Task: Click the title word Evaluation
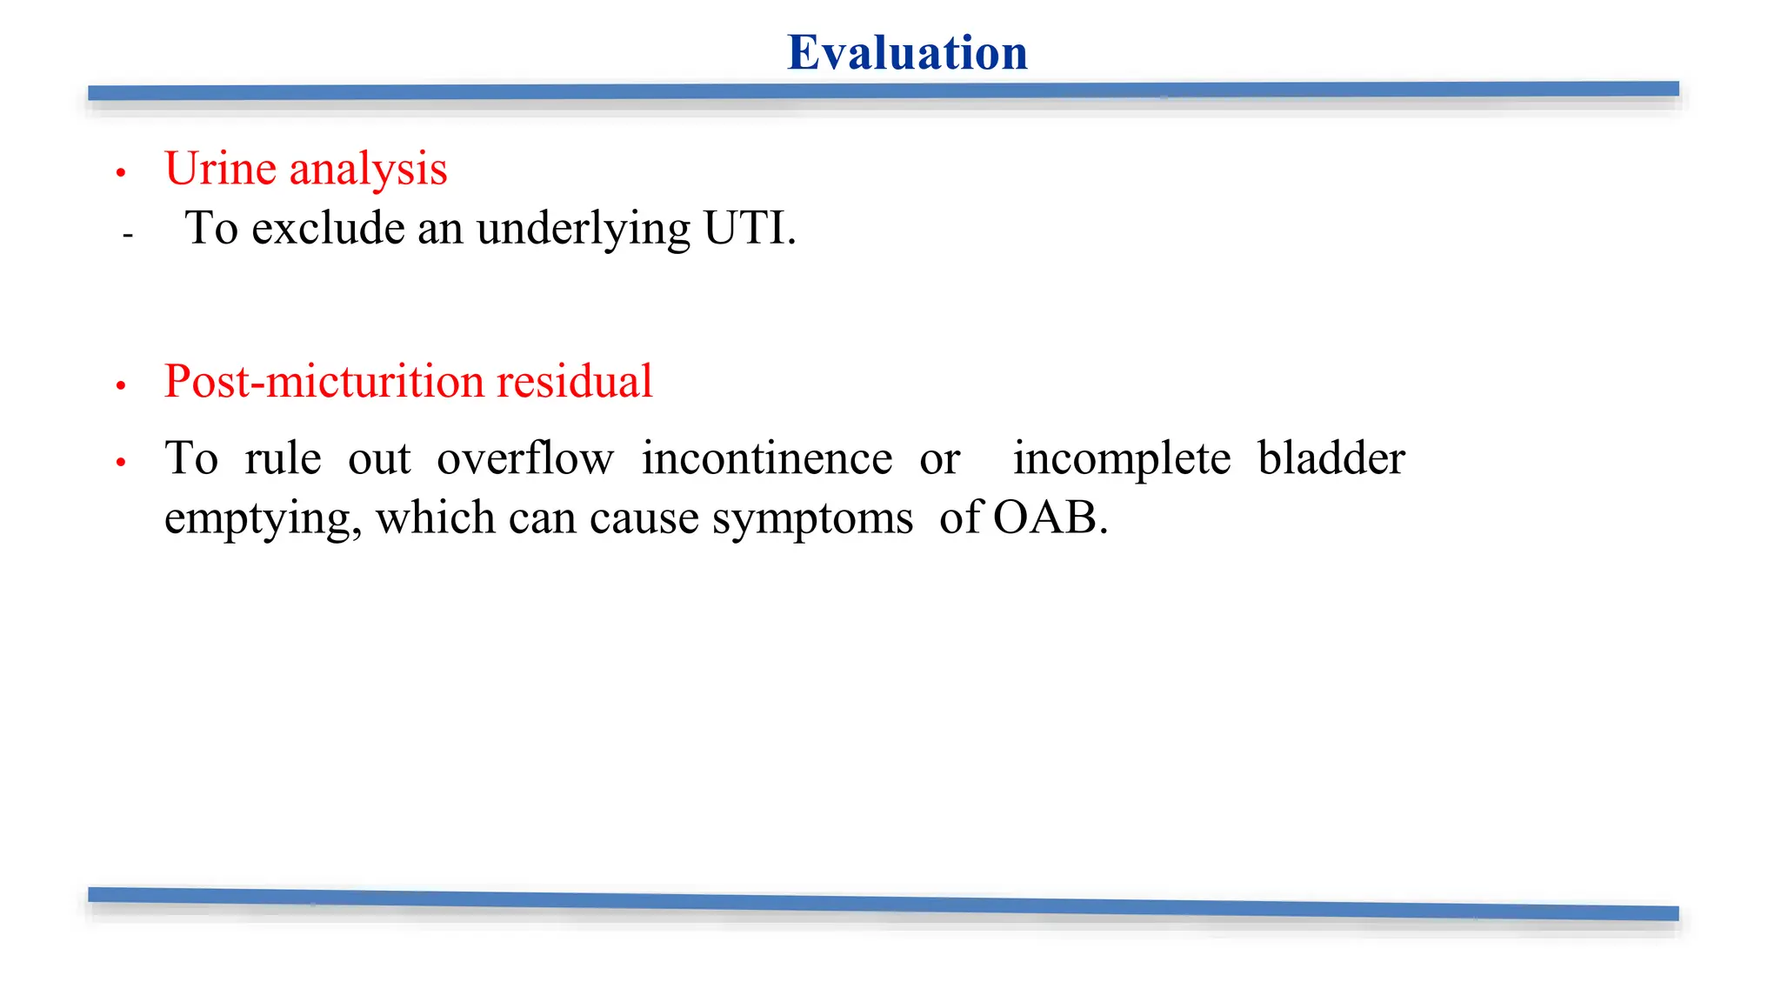[x=907, y=53]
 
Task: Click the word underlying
[x=583, y=230]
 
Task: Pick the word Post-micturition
[x=324, y=382]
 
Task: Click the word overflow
[x=525, y=458]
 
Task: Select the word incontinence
[x=767, y=458]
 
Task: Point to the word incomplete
[x=1122, y=460]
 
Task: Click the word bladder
[x=1331, y=458]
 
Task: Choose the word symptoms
[x=812, y=520]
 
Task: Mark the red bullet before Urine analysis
[x=121, y=173]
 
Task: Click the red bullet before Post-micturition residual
[x=121, y=385]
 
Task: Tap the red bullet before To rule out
[x=121, y=463]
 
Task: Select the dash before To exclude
[x=128, y=235]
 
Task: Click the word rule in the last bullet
[x=283, y=458]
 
